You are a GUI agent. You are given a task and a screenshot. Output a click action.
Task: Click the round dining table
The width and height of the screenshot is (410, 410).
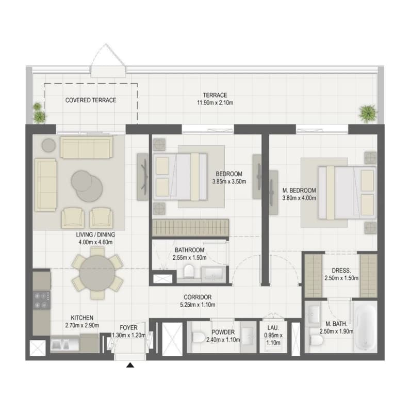pos(97,273)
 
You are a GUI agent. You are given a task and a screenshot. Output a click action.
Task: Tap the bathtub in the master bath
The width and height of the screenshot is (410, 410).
pos(366,327)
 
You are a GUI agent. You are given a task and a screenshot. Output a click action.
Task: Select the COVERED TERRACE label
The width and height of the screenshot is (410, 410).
pos(91,100)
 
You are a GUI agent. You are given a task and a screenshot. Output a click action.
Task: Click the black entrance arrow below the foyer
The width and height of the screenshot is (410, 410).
pos(130,365)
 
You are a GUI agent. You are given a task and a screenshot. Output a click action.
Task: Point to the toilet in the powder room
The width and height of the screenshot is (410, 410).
pos(199,337)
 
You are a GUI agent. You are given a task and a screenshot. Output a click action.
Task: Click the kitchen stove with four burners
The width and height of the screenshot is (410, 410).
pos(42,300)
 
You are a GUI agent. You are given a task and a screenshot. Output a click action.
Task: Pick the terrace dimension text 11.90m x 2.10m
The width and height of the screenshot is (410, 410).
pos(215,103)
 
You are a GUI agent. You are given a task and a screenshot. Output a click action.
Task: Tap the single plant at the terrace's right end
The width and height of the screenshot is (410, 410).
pos(368,114)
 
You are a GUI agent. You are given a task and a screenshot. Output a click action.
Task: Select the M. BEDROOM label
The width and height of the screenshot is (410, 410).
pos(299,191)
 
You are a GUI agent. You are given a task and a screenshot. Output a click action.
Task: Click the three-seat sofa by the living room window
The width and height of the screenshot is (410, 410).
pos(87,147)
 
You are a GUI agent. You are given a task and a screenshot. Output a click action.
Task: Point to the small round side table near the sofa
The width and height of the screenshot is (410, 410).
pos(48,145)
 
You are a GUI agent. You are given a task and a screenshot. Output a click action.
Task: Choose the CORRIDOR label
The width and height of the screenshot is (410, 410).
pos(198,297)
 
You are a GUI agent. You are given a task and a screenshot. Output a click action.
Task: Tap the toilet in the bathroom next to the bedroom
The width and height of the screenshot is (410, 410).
pos(189,271)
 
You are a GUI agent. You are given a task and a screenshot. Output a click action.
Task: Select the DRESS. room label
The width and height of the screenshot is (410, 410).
pos(341,271)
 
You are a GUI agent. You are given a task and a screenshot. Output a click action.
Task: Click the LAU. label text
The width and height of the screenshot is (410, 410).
pos(273,328)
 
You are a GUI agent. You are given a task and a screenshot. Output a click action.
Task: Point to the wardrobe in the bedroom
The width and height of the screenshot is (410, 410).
pos(191,228)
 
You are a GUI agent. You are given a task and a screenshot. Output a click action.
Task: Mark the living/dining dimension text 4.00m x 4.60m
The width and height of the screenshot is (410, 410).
pos(95,243)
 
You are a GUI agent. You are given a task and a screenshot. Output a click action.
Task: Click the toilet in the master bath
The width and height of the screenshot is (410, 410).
pos(316,340)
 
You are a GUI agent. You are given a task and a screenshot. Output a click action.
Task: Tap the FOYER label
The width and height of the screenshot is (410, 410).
pos(128,328)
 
